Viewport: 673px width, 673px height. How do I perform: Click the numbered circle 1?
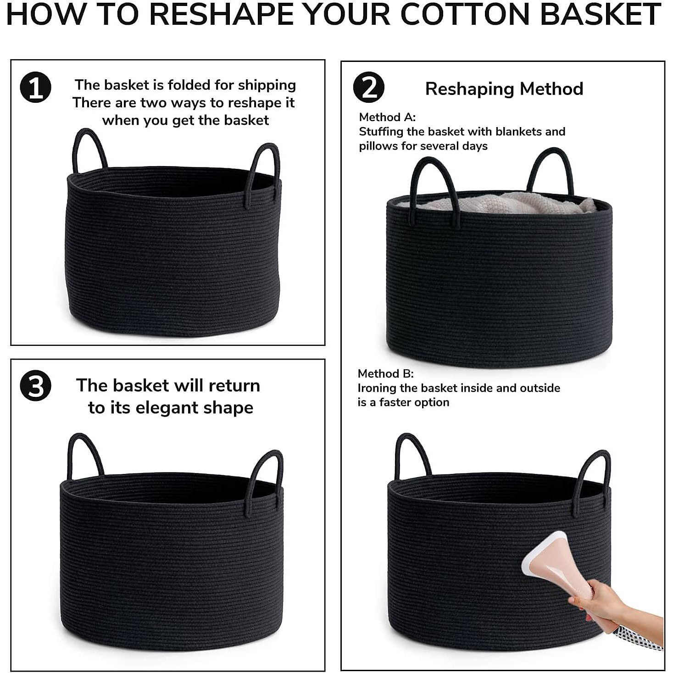[x=36, y=87]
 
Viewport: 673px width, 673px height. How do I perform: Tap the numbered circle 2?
[x=368, y=87]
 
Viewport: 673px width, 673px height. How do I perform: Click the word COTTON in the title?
[x=465, y=15]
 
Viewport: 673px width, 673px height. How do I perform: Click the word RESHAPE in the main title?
[x=222, y=15]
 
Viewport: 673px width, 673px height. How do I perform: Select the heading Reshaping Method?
[x=504, y=89]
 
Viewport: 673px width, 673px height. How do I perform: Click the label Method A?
[x=387, y=117]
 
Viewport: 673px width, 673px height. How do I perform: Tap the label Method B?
[x=385, y=374]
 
